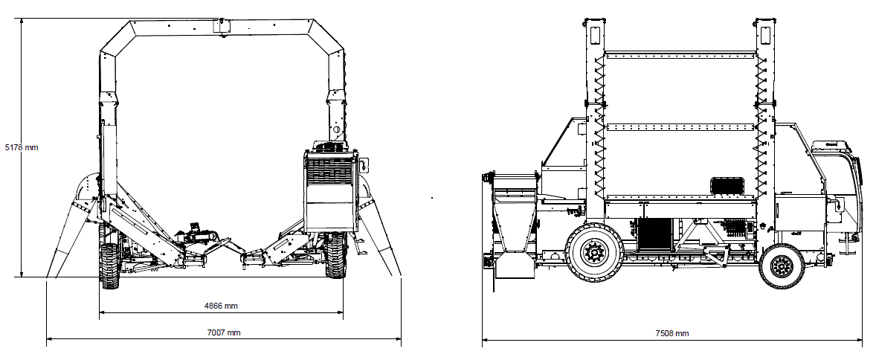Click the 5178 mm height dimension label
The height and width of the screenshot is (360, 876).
click(x=22, y=147)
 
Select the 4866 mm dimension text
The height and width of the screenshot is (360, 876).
click(x=222, y=306)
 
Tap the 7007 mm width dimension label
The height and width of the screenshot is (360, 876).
click(x=224, y=332)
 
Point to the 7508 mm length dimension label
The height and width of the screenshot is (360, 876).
click(x=672, y=333)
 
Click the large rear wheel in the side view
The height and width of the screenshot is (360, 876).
click(x=593, y=252)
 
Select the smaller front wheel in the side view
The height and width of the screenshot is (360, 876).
click(x=781, y=266)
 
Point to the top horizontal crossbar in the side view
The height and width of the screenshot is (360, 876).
click(x=680, y=55)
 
